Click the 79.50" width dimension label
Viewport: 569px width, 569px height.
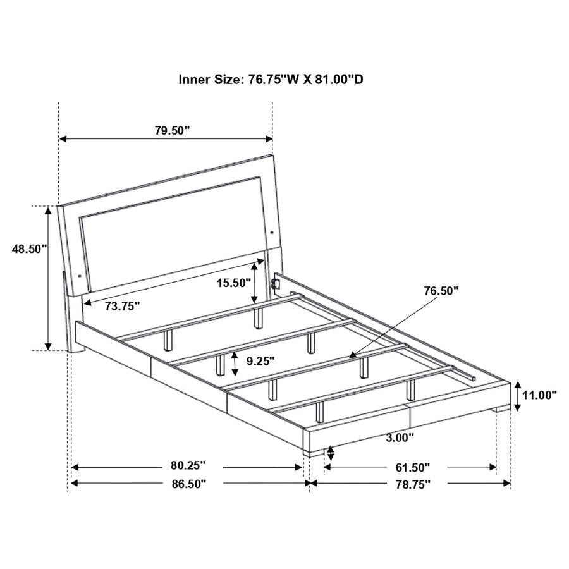pos(171,131)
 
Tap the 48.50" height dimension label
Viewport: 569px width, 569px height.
pos(29,249)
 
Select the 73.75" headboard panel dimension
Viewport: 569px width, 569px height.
pos(123,306)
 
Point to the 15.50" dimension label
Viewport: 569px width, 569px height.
pos(233,283)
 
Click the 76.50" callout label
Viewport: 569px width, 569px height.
pos(441,291)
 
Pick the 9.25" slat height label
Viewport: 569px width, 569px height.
pos(260,362)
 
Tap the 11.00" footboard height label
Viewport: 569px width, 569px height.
pos(539,395)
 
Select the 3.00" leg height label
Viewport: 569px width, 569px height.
pos(401,437)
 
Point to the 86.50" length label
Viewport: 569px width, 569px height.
pos(188,484)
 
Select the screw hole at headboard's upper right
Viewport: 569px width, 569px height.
pos(271,231)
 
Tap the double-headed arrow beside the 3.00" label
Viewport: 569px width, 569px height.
pos(330,453)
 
